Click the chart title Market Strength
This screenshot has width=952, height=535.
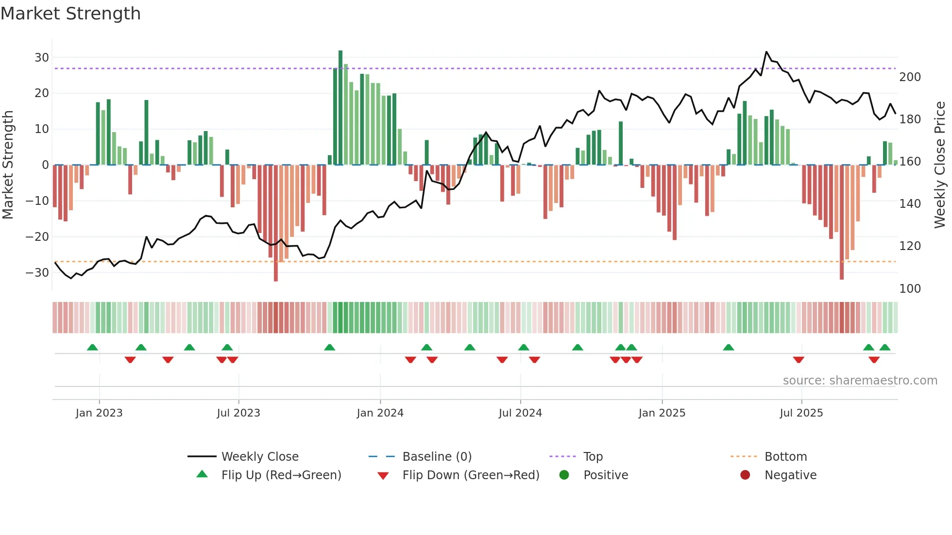click(x=70, y=14)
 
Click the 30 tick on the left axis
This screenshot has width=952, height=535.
click(x=42, y=58)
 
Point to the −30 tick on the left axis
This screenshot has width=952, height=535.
click(x=37, y=273)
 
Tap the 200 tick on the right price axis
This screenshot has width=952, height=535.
click(x=910, y=77)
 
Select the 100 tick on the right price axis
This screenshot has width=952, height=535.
click(x=910, y=289)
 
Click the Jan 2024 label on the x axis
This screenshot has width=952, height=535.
click(x=380, y=413)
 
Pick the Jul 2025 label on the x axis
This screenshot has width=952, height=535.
click(x=801, y=413)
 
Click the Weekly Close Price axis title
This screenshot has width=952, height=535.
click(x=940, y=165)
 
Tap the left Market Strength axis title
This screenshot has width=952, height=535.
click(x=8, y=165)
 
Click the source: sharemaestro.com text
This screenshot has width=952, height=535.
click(x=860, y=381)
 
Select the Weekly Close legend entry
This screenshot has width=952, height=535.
click(x=260, y=457)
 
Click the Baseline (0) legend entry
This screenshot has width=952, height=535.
click(x=437, y=457)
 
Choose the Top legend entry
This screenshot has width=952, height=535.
click(x=593, y=457)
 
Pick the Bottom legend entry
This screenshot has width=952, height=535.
click(x=785, y=457)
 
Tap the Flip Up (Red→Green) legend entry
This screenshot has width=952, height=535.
click(x=281, y=475)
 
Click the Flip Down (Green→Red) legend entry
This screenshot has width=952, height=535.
click(x=471, y=475)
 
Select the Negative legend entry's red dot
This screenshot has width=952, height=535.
click(x=745, y=475)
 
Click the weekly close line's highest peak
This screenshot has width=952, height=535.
click(x=766, y=52)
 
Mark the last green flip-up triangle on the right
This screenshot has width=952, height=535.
click(x=884, y=348)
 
